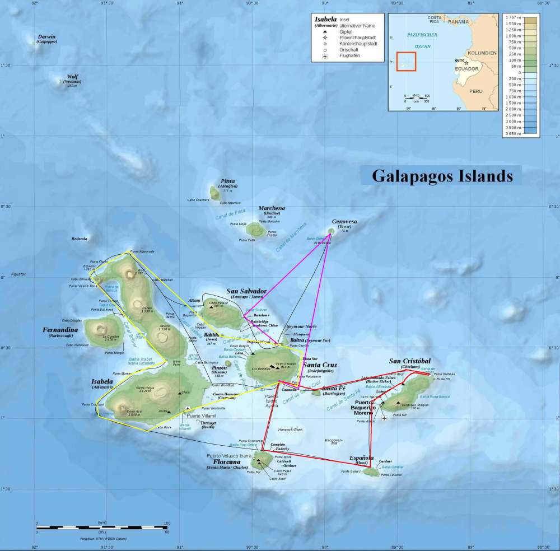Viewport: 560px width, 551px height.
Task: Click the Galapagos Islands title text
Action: tap(442, 176)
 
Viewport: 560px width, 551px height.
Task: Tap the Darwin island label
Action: tap(46, 37)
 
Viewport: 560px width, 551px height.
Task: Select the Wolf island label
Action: tap(72, 77)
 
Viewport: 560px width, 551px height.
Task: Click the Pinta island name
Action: tap(228, 181)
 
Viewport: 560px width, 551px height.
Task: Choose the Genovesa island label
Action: tap(344, 222)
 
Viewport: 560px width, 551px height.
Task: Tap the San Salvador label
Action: tap(246, 291)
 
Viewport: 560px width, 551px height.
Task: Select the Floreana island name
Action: tap(227, 462)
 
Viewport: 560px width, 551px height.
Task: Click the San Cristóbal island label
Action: tap(410, 361)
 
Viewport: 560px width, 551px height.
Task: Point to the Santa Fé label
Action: tap(334, 389)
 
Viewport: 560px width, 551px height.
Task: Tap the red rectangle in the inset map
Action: tap(406, 61)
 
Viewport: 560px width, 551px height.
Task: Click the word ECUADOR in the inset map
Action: tap(467, 69)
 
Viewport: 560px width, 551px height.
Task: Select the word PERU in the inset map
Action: tap(475, 91)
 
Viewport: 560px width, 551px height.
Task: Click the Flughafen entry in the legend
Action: tap(350, 57)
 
